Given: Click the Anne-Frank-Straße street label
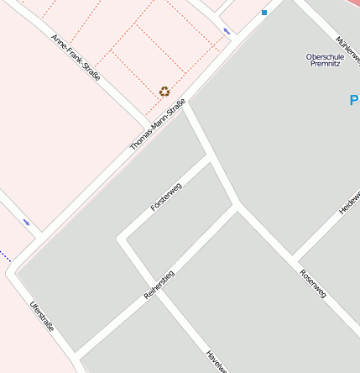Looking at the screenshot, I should coord(76,56).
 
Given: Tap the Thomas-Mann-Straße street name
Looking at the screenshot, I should coord(157,125).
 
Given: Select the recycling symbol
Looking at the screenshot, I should coord(164,91).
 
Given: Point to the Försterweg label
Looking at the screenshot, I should coord(165,196).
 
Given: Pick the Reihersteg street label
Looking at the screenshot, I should coord(159,286).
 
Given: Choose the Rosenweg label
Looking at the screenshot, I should coord(313,283).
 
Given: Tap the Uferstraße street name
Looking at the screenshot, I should coord(41,316).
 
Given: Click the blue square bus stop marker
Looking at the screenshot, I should coord(264,13).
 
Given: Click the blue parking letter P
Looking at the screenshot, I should coord(353,101).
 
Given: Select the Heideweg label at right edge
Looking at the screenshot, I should coord(350,202).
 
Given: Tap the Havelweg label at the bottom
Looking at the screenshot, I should coord(216,361).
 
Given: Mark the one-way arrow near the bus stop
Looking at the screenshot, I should coord(227,32).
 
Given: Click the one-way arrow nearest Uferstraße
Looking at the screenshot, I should coord(27,222).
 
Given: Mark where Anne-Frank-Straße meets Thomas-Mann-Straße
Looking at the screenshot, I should coord(151,121).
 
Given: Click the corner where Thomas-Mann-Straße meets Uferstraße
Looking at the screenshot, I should coord(12,271).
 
